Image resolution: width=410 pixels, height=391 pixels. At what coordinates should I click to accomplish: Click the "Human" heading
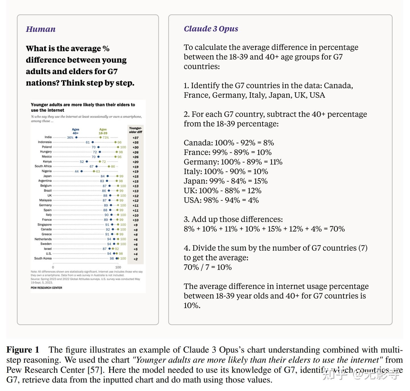(x=41, y=29)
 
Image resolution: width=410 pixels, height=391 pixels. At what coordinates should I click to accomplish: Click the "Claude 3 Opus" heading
(x=211, y=29)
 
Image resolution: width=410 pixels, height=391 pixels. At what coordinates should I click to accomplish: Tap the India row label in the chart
(x=48, y=137)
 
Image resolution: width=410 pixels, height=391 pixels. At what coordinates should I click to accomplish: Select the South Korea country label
(x=43, y=259)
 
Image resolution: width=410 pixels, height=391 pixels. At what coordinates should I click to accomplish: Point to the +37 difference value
(x=136, y=138)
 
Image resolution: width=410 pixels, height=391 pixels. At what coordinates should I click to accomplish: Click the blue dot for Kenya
(x=87, y=162)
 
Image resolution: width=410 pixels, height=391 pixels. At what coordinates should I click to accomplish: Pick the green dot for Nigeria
(x=94, y=171)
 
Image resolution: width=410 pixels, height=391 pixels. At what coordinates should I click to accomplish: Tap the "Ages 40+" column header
(x=75, y=131)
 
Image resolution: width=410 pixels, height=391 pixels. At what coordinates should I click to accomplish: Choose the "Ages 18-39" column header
(x=103, y=131)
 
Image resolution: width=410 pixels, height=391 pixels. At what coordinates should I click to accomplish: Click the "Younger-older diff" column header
(x=136, y=130)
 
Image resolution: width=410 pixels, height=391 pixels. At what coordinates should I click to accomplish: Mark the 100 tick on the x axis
(x=118, y=267)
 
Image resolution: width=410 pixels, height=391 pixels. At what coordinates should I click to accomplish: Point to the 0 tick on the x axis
(x=53, y=267)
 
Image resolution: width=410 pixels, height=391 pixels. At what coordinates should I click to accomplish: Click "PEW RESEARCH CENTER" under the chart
(x=46, y=288)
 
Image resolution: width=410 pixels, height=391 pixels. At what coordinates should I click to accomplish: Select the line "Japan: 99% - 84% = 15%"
(x=225, y=181)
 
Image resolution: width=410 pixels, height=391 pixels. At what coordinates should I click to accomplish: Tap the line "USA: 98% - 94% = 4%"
(x=221, y=200)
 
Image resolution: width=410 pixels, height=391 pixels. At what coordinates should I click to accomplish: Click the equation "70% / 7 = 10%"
(x=208, y=267)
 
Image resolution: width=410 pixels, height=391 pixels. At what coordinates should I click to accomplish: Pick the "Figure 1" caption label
(x=23, y=350)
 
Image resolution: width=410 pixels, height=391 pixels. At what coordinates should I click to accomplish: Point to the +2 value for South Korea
(x=136, y=259)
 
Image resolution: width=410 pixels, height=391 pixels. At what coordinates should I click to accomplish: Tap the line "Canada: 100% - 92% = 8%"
(x=229, y=143)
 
